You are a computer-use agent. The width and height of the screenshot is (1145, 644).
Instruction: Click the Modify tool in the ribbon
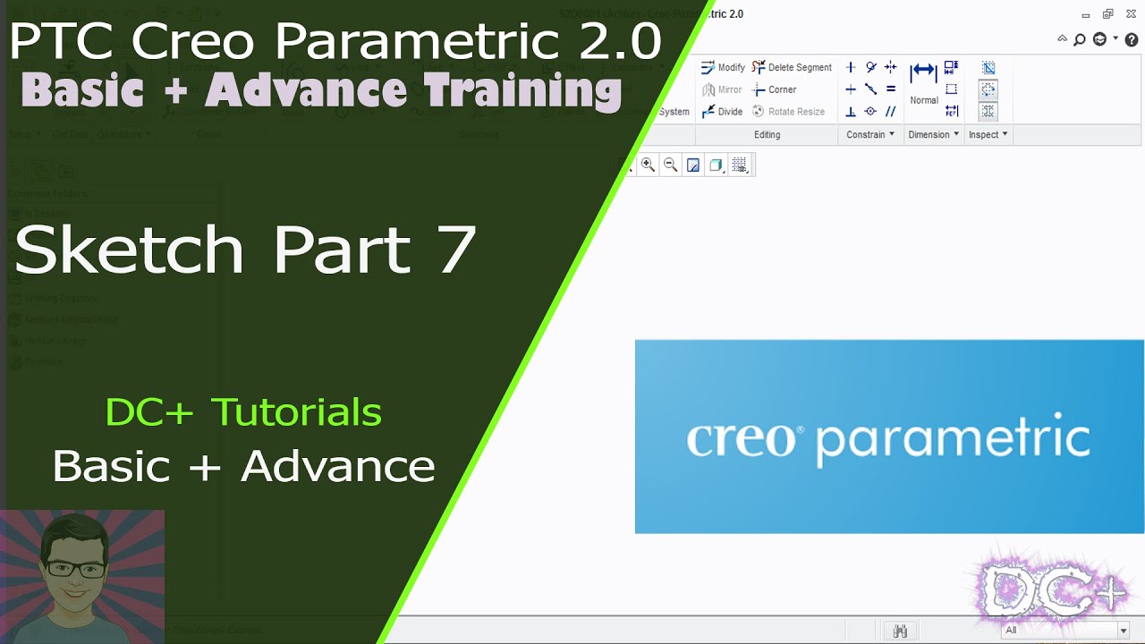click(x=723, y=67)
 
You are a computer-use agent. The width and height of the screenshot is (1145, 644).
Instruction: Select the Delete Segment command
click(x=792, y=67)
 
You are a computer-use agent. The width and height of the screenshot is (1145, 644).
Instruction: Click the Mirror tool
click(x=722, y=89)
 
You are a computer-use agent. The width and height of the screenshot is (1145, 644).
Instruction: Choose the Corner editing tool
click(x=775, y=89)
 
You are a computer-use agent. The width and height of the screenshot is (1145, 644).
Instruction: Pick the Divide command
click(x=722, y=112)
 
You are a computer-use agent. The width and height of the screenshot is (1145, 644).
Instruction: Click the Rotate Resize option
click(x=788, y=112)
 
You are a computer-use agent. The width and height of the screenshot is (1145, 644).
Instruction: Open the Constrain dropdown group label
click(x=870, y=134)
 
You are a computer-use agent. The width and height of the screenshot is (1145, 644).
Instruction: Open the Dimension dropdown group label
click(x=933, y=134)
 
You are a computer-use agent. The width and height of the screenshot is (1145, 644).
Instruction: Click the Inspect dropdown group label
click(x=988, y=134)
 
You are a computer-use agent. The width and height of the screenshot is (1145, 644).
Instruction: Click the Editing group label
click(x=767, y=134)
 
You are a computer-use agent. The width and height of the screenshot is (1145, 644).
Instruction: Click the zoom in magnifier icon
click(x=648, y=165)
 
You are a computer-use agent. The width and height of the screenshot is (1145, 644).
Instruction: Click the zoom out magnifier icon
click(x=670, y=165)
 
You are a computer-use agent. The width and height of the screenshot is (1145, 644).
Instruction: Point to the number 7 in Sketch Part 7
click(x=456, y=250)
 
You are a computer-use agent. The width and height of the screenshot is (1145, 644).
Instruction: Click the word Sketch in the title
click(x=129, y=250)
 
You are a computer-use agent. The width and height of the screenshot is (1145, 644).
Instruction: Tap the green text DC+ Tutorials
click(x=243, y=412)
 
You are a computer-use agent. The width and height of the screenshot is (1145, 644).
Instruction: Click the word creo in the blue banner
click(x=740, y=439)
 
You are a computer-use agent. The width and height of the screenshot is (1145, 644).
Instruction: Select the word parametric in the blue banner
click(x=953, y=439)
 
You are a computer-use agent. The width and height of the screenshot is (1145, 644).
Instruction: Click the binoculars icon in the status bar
click(x=900, y=631)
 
